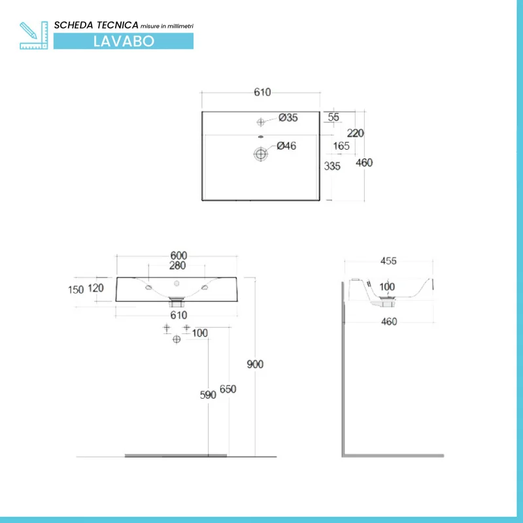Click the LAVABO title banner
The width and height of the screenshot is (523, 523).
[123, 41]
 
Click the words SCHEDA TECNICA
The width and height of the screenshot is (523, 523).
[96, 25]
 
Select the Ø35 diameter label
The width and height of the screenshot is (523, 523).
[288, 118]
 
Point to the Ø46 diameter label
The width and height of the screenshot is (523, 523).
[286, 146]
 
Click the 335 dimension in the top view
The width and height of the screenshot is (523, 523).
[332, 167]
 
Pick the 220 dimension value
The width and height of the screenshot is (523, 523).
[356, 133]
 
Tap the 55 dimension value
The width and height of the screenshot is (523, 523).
[333, 118]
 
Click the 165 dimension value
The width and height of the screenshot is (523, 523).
[341, 146]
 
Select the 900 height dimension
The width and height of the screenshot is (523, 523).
[254, 364]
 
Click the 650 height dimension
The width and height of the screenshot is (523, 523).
[228, 389]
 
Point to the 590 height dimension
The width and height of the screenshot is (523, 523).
[207, 394]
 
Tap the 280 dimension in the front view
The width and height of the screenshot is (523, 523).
[177, 266]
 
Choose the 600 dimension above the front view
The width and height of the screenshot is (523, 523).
[178, 255]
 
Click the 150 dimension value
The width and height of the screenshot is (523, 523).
[76, 290]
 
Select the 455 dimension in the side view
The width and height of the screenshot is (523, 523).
[388, 261]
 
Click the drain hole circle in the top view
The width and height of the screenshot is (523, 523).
[261, 154]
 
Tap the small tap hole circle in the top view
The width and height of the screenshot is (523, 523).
[261, 122]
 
